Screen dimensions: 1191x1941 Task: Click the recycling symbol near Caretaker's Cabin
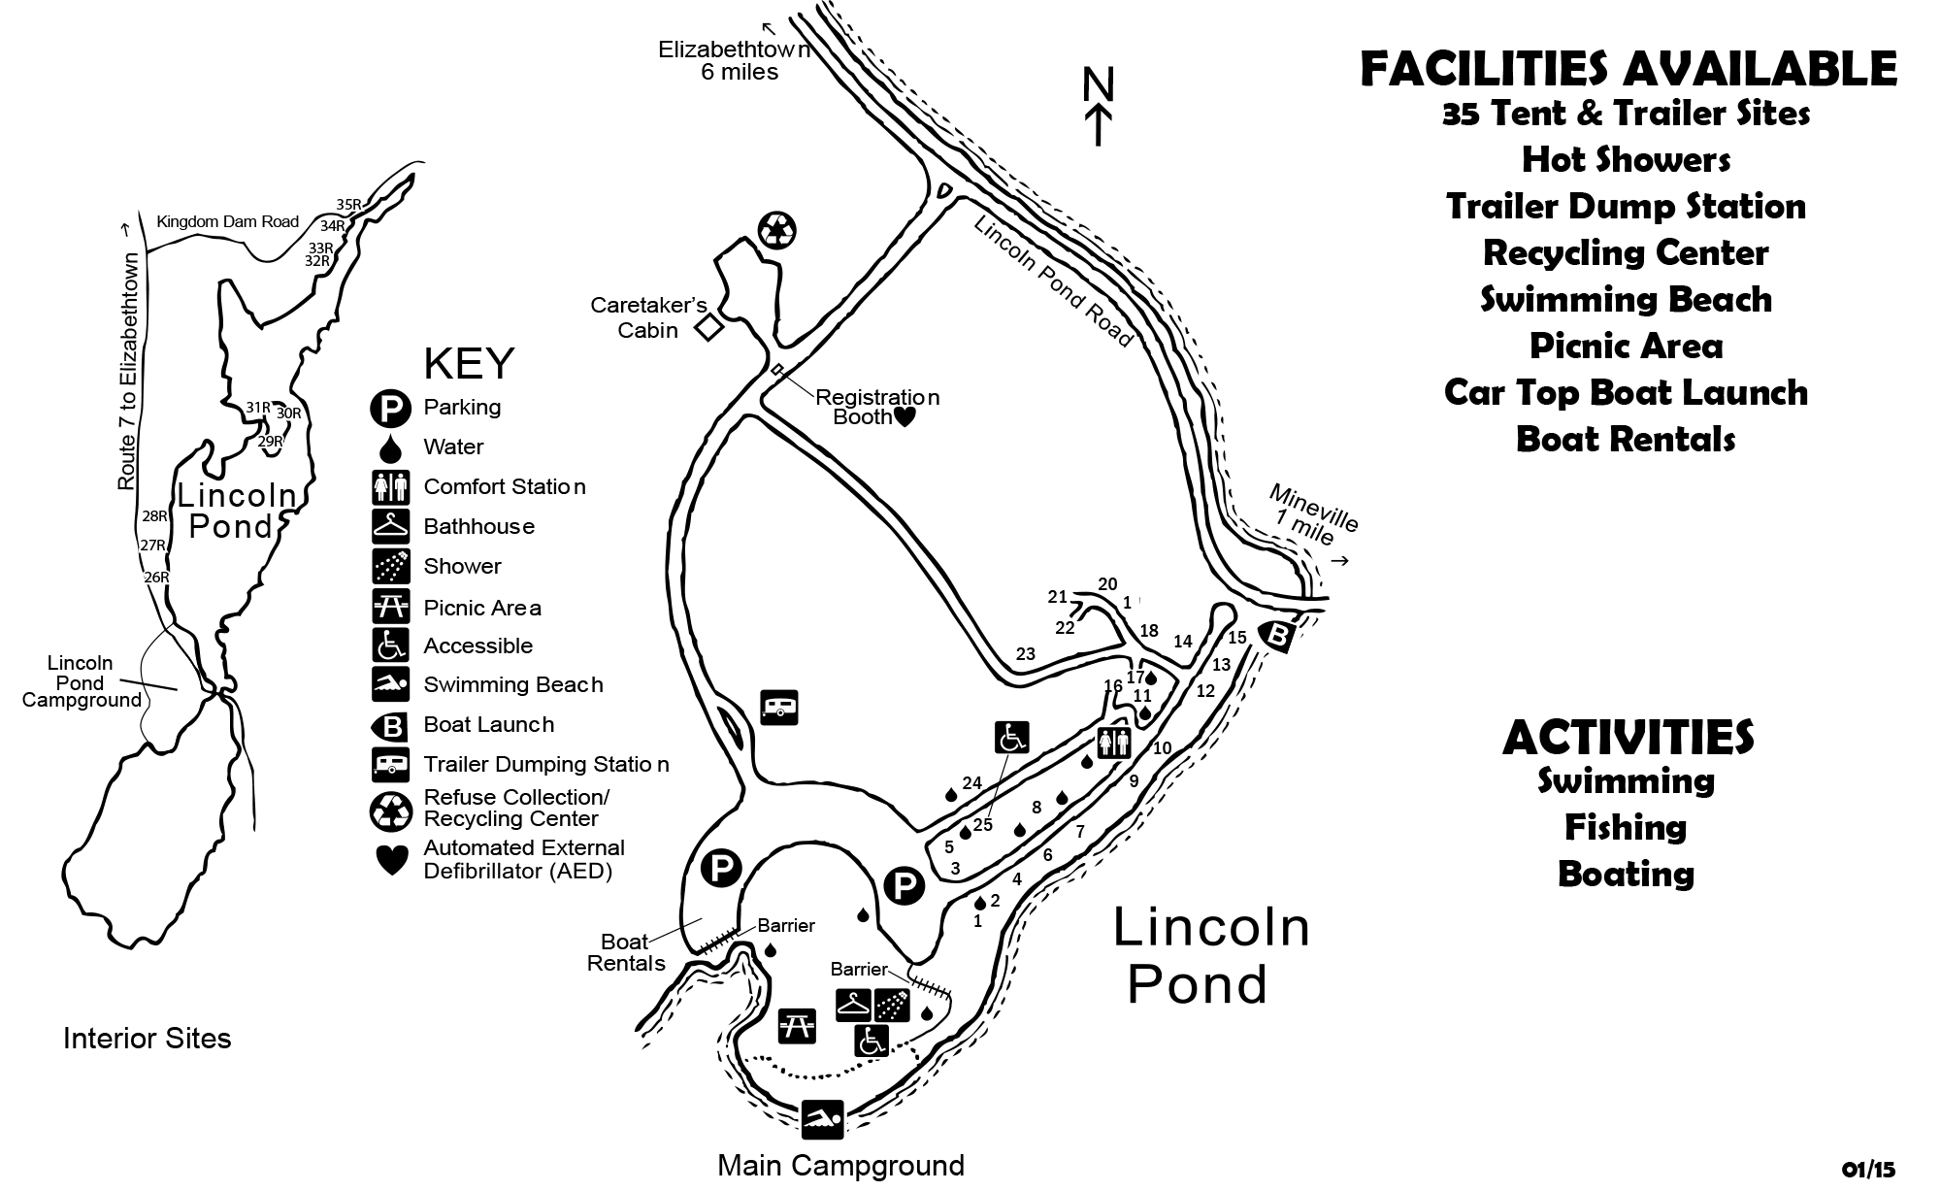tap(776, 231)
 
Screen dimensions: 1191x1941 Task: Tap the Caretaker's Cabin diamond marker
tap(709, 327)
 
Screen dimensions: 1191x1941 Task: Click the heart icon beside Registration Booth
tap(904, 417)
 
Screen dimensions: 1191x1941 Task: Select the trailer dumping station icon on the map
tap(779, 707)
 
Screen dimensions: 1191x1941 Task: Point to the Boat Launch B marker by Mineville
tap(1278, 636)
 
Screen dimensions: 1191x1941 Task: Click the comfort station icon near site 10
tap(1113, 743)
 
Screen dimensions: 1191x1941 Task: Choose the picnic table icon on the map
tap(797, 1026)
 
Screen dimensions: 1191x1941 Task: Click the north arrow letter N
tap(1099, 85)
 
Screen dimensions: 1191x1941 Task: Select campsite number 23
tap(1026, 654)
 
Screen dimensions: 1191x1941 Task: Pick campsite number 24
tap(971, 783)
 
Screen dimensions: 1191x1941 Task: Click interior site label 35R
tap(348, 205)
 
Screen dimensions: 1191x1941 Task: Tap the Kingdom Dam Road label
tap(227, 221)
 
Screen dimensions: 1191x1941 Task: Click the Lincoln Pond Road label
tap(1053, 281)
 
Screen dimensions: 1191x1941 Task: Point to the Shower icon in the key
tap(392, 567)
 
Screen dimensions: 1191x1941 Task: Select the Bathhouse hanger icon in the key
tap(392, 526)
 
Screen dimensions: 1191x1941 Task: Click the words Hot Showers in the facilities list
tap(1626, 159)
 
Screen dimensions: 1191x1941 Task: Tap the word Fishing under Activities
tap(1626, 827)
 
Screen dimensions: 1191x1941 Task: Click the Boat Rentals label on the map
tap(626, 952)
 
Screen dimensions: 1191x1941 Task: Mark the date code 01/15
tap(1868, 1170)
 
